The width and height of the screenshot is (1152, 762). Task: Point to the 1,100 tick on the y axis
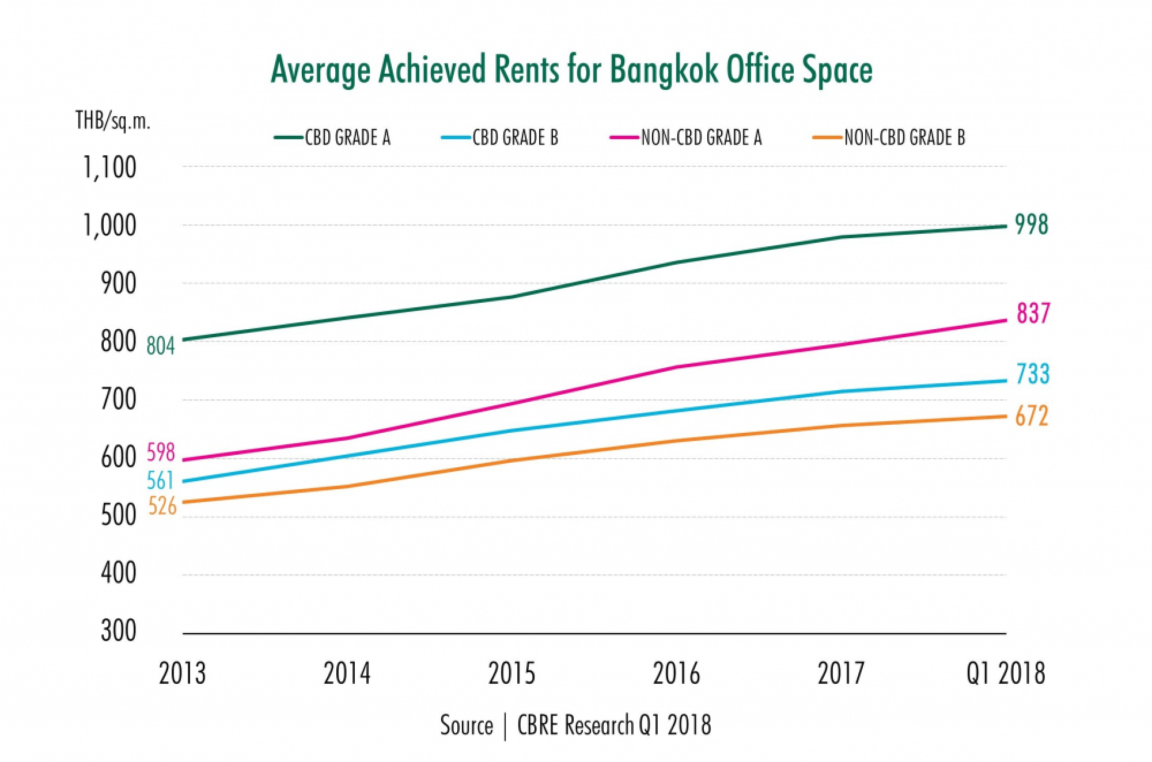point(110,168)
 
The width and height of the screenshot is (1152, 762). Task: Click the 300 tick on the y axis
point(119,631)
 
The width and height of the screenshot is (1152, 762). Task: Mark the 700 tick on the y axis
point(119,399)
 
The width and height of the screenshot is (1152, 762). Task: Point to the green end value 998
point(1032,225)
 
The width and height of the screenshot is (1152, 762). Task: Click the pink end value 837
point(1033,314)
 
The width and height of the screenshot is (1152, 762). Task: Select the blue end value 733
point(1033,374)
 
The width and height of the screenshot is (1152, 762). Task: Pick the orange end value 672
point(1032,417)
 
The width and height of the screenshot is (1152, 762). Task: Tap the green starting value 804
point(160,346)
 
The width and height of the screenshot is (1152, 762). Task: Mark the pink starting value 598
point(161,453)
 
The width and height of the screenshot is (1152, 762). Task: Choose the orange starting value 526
point(162,506)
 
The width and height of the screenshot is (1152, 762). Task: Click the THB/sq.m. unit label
point(113,121)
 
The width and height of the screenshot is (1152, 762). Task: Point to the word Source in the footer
point(467,725)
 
